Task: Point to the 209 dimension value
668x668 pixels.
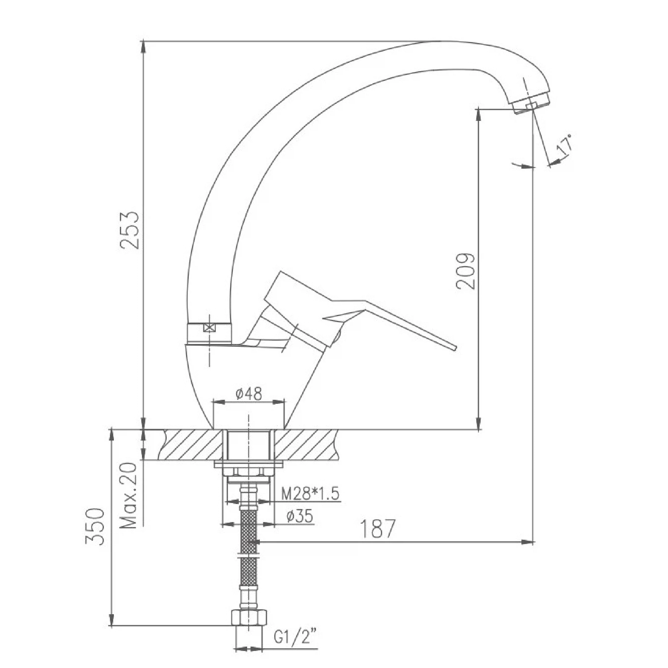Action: (x=465, y=272)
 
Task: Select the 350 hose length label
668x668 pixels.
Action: (x=95, y=527)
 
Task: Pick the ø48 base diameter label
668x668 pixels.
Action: (x=249, y=393)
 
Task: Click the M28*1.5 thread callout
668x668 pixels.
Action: (x=310, y=494)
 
